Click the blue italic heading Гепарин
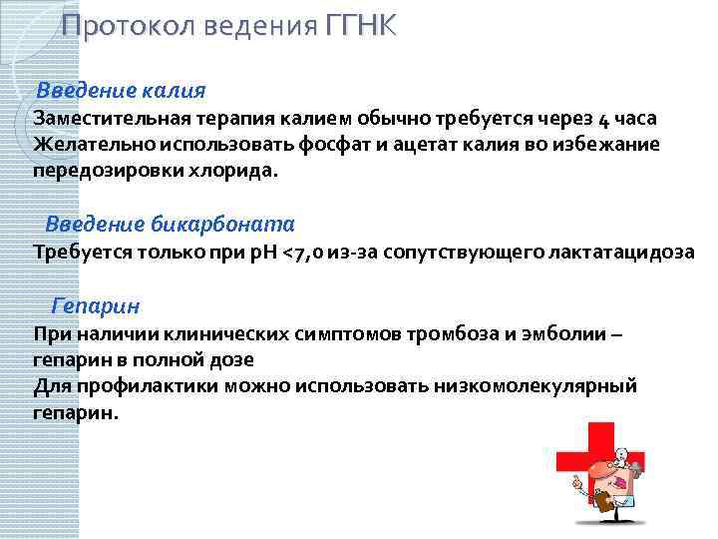pos(96,304)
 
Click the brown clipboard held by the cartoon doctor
pos(605,504)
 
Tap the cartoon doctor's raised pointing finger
pos(575,480)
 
